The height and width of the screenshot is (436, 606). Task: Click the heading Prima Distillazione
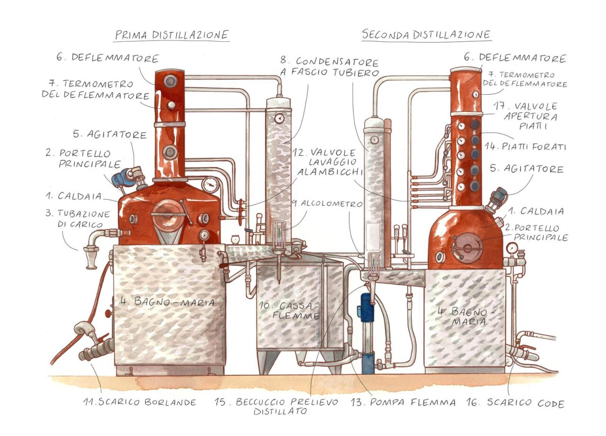point(172,35)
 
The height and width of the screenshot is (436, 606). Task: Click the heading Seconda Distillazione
point(426,35)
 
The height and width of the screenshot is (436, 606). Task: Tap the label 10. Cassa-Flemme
point(289,310)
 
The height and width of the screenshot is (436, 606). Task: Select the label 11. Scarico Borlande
point(140,402)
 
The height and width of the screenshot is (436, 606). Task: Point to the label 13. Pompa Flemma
point(403,402)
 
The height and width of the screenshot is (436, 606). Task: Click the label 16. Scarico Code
point(516,403)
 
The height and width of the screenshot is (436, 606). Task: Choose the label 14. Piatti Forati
point(525,147)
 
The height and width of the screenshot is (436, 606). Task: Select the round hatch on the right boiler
point(467,247)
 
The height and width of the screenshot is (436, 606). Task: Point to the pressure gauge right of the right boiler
point(512,247)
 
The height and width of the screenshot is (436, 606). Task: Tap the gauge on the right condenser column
point(374,139)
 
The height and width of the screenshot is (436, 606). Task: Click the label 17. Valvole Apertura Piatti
point(526,116)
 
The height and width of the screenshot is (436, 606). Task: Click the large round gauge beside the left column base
point(210,185)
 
